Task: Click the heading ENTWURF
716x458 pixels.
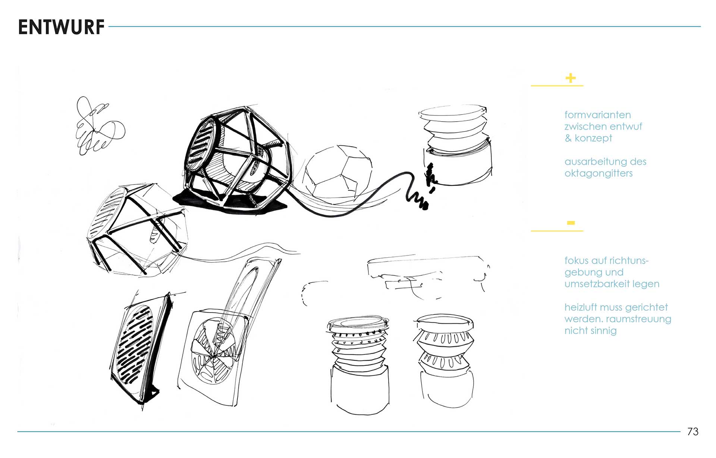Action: tap(61, 27)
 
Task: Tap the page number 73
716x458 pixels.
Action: tap(693, 432)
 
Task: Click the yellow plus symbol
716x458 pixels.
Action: tap(571, 78)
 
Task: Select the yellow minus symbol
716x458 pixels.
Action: tap(571, 223)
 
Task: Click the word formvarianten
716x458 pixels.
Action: tap(597, 115)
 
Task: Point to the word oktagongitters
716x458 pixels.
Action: tap(599, 173)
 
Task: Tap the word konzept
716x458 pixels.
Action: tap(593, 138)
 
